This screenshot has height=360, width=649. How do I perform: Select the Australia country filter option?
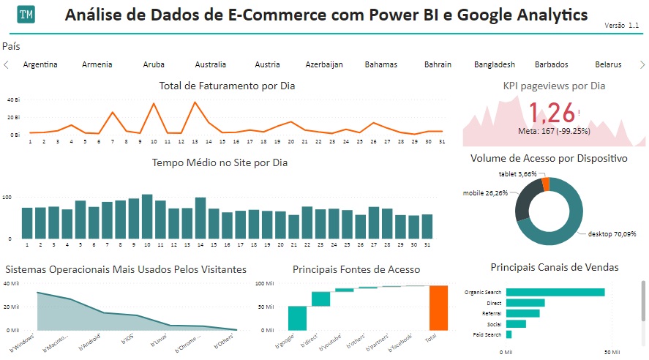(x=211, y=64)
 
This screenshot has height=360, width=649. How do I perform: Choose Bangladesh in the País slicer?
(x=494, y=64)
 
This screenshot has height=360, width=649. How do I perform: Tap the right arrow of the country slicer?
(x=642, y=64)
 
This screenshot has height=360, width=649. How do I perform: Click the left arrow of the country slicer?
(x=7, y=64)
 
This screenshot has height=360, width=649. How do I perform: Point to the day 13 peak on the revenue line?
(x=195, y=102)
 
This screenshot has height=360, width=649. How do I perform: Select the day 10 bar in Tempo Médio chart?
(x=147, y=217)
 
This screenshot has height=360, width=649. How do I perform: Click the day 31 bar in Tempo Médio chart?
(x=427, y=226)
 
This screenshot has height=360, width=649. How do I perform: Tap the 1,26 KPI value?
(x=552, y=113)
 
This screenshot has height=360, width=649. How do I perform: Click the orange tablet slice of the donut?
(x=546, y=184)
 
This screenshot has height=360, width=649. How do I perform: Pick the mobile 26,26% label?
(x=487, y=193)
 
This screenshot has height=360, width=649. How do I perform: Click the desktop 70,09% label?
(x=612, y=234)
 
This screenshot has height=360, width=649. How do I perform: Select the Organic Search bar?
(x=555, y=292)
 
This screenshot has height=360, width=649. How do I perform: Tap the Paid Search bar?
(x=509, y=334)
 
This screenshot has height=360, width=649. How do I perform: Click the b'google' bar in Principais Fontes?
(x=297, y=318)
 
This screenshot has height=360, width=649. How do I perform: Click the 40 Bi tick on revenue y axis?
(x=13, y=100)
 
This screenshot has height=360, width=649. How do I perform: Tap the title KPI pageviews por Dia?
(x=554, y=86)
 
